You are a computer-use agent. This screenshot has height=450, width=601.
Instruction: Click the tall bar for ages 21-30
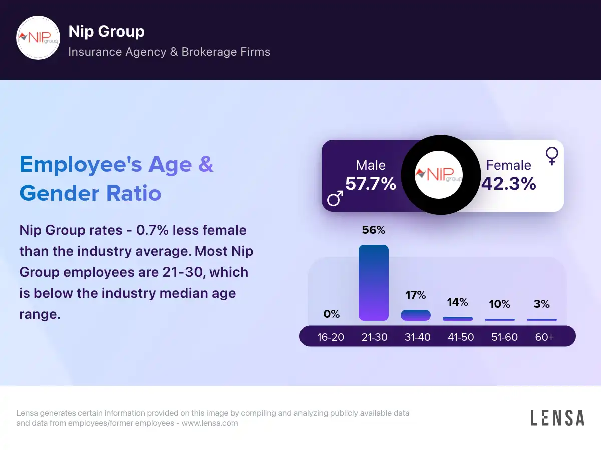(x=374, y=283)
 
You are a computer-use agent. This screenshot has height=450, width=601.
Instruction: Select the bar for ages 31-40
(x=416, y=315)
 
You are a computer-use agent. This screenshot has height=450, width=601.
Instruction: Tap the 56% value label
(x=374, y=230)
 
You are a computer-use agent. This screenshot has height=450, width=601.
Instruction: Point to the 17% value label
(x=416, y=295)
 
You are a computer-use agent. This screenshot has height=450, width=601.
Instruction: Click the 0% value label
(x=332, y=314)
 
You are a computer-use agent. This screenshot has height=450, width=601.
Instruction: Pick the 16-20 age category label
(x=331, y=337)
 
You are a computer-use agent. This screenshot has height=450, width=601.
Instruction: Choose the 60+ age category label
(x=544, y=337)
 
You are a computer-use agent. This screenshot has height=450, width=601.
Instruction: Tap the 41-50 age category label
(x=461, y=337)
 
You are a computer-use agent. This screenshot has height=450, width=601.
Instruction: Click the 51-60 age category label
(x=504, y=337)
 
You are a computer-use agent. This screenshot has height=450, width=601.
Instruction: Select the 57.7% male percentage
(x=371, y=184)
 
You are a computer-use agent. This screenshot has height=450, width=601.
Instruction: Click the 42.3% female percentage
(x=509, y=184)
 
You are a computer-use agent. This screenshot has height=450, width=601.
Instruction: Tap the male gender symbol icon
(x=335, y=198)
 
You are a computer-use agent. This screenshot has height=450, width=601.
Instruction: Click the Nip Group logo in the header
(x=38, y=38)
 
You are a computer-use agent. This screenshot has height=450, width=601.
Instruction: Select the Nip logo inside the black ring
(x=439, y=175)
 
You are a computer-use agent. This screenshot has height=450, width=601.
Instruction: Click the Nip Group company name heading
(x=106, y=32)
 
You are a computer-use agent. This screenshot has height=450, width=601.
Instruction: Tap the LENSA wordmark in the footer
(x=557, y=418)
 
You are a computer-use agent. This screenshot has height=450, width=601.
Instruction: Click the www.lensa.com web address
(x=210, y=423)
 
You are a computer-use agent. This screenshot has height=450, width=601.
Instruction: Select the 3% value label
(x=542, y=304)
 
